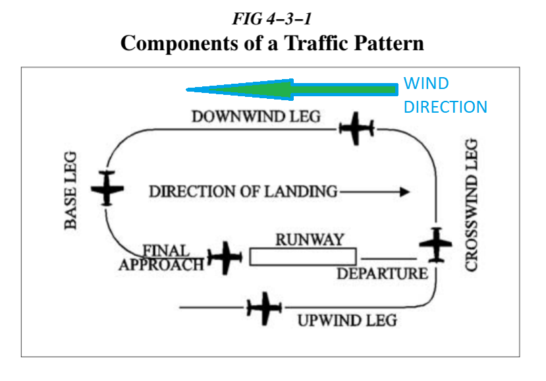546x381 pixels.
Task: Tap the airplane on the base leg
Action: pyautogui.click(x=107, y=188)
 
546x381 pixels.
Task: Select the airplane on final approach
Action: pyautogui.click(x=225, y=258)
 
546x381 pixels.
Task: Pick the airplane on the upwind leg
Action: pyautogui.click(x=264, y=308)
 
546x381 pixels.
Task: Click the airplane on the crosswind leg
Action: pyautogui.click(x=436, y=245)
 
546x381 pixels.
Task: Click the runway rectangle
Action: pyautogui.click(x=303, y=256)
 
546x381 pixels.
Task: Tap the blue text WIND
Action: pyautogui.click(x=426, y=84)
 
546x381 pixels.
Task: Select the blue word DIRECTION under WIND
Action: pyautogui.click(x=445, y=107)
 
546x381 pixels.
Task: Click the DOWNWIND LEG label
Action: pyautogui.click(x=256, y=117)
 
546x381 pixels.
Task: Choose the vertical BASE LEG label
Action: pyautogui.click(x=71, y=190)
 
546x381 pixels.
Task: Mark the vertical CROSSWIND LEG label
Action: pyautogui.click(x=472, y=204)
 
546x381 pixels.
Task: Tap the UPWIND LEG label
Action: pyautogui.click(x=347, y=321)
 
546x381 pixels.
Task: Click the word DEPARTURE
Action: pyautogui.click(x=382, y=273)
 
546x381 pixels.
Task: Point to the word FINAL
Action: pyautogui.click(x=166, y=251)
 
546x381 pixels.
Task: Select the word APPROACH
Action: pyautogui.click(x=161, y=265)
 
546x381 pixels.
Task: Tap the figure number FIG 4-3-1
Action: pyautogui.click(x=272, y=18)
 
